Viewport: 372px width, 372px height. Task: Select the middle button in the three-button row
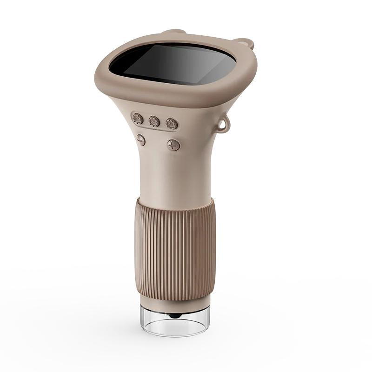click(x=154, y=122)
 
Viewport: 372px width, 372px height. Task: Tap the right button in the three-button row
click(x=172, y=124)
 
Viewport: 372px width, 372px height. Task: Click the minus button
click(x=141, y=140)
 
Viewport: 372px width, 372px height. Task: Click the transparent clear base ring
click(x=176, y=321)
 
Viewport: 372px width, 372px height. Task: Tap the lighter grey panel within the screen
click(x=195, y=65)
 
